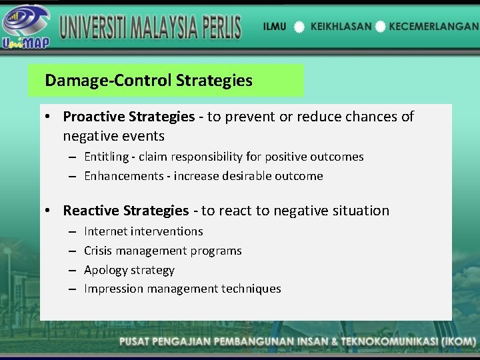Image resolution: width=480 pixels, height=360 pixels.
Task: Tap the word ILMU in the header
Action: coord(275,27)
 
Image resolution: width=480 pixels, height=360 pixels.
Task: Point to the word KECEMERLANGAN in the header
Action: coord(433,27)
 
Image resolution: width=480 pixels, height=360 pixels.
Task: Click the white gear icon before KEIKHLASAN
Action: coord(299,27)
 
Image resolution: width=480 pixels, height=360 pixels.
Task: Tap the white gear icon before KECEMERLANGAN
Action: coord(380,27)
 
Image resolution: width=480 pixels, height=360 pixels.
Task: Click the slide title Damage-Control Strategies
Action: coord(149,81)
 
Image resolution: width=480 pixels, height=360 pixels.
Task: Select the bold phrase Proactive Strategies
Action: coord(129,117)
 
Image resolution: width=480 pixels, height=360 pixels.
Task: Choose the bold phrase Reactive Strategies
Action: coord(126,211)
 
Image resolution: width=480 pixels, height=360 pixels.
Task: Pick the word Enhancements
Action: coord(123,176)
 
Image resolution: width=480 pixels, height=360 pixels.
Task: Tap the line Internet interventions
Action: coord(143,231)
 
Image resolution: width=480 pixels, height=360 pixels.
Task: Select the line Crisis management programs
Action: coord(163,251)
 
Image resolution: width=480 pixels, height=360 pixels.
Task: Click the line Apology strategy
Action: coord(129,270)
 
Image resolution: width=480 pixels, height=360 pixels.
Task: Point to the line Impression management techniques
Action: coord(182,289)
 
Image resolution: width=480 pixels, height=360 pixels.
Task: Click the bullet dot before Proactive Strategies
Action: coord(49,117)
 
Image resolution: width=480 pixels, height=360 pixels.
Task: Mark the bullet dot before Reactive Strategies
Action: coord(49,211)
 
